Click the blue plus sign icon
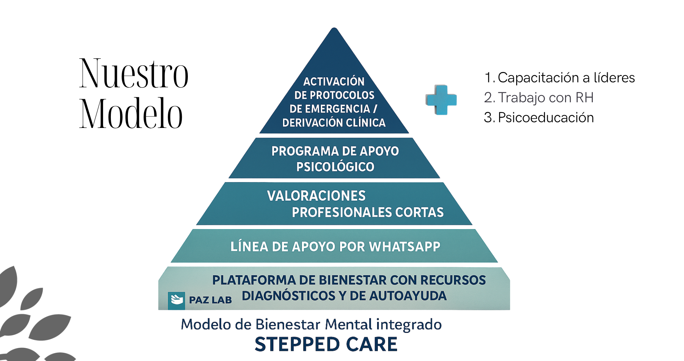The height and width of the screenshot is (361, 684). [x=441, y=100]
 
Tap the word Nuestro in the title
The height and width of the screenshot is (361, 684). [x=134, y=73]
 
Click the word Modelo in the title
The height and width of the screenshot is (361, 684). [x=131, y=114]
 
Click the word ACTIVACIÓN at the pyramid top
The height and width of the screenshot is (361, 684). [x=334, y=82]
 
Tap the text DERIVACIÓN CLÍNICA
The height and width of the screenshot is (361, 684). [x=334, y=123]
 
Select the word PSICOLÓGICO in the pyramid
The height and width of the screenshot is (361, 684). [x=335, y=167]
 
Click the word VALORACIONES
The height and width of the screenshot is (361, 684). [x=316, y=196]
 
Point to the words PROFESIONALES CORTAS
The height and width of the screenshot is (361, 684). [x=367, y=212]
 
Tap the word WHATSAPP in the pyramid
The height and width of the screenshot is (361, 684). [x=405, y=247]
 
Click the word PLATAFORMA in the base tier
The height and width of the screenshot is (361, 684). [x=253, y=280]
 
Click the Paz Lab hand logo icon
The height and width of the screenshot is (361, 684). [x=176, y=300]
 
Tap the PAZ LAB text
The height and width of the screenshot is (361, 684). [x=210, y=300]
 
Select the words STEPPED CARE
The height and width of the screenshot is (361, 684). [x=326, y=344]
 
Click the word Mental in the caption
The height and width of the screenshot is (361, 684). [x=348, y=325]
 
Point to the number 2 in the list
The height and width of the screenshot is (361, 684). [x=488, y=98]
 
